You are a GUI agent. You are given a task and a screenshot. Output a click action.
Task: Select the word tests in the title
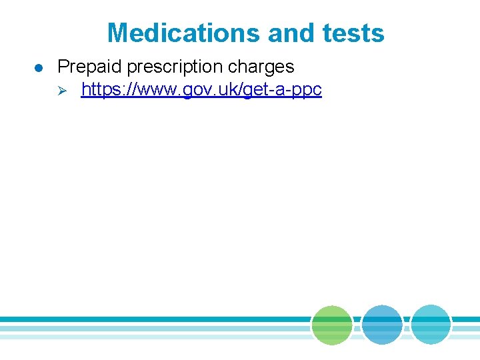click(x=358, y=33)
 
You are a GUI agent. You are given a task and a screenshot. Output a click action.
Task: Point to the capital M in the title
click(x=118, y=33)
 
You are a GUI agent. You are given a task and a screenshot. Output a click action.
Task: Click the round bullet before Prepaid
click(x=39, y=67)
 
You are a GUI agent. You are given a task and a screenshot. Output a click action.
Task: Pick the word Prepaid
click(x=87, y=67)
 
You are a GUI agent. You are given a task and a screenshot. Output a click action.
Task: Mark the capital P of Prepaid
click(x=63, y=67)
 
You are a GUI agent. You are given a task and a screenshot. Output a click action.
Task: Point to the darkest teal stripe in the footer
click(x=153, y=319)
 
